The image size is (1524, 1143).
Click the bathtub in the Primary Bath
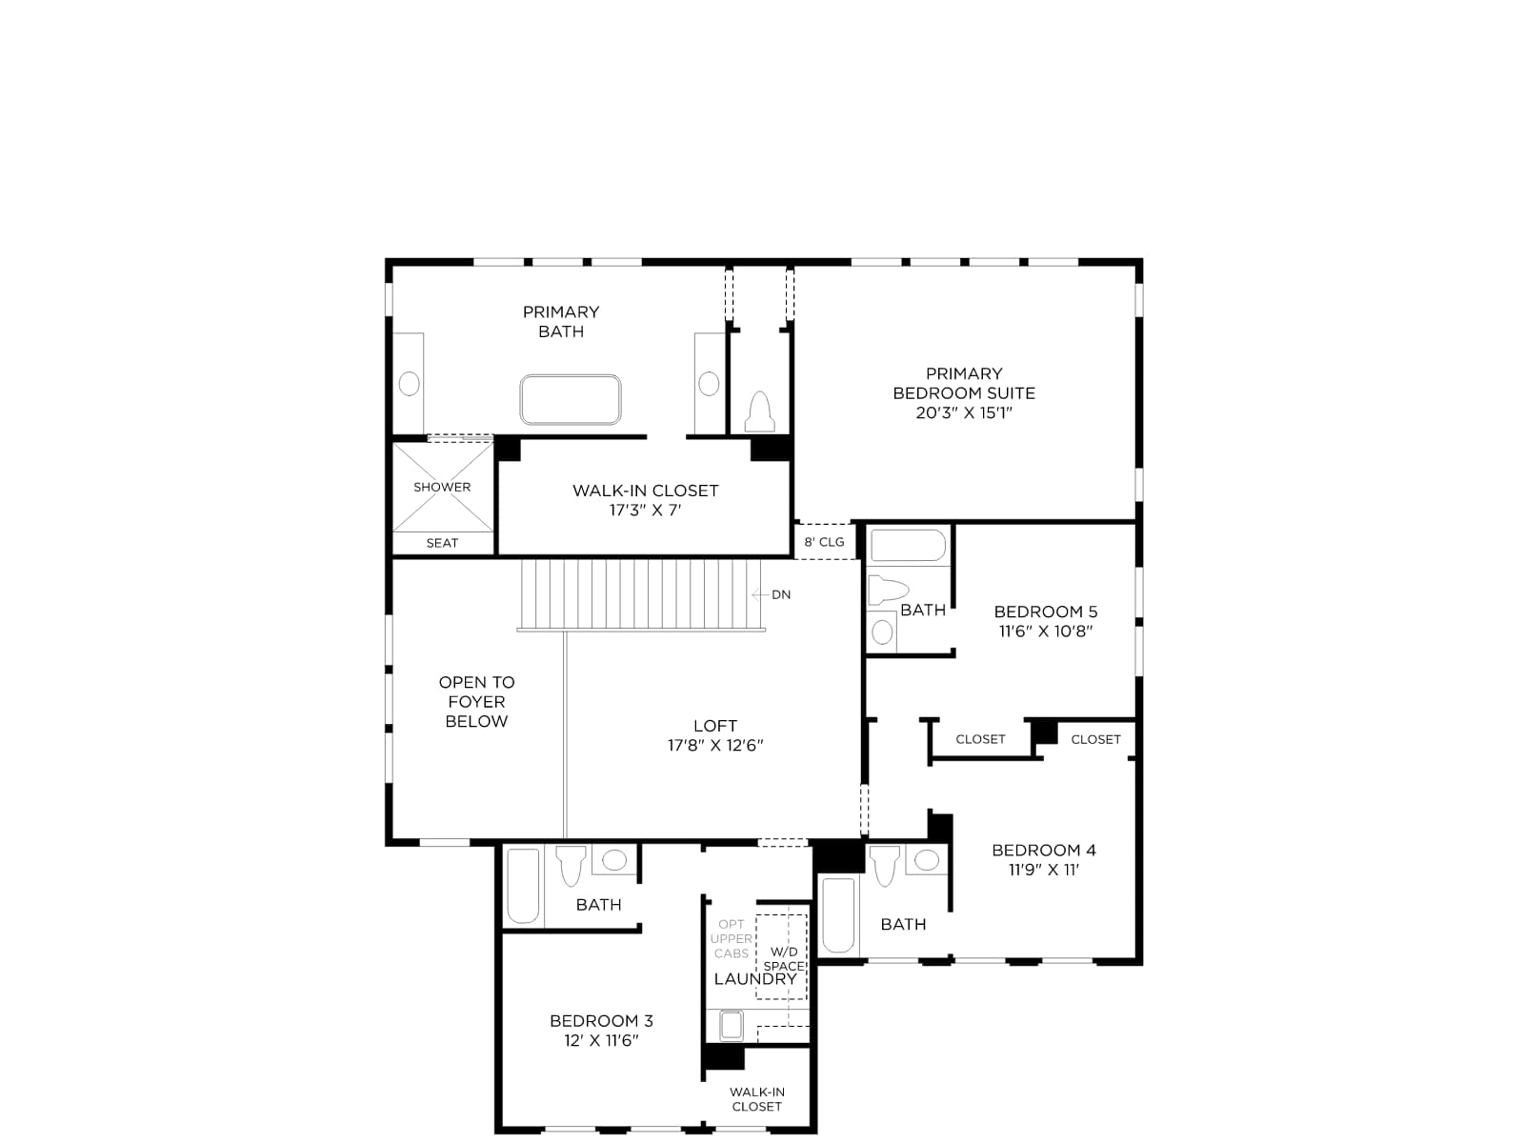tap(570, 400)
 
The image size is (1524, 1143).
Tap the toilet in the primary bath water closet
tap(759, 411)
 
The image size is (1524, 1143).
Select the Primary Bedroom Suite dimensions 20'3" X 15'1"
tap(964, 413)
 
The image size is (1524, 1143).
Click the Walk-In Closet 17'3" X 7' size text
tap(645, 511)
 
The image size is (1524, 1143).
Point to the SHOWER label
tap(442, 487)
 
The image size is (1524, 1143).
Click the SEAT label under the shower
tap(442, 543)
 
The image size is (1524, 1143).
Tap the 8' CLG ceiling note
tap(824, 541)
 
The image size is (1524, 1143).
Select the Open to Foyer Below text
tap(476, 702)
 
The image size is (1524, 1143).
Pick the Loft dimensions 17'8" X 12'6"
tap(715, 746)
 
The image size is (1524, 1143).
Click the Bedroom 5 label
tap(1045, 612)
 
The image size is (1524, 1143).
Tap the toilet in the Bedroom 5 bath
tap(888, 590)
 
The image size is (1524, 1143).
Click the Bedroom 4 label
tap(1044, 850)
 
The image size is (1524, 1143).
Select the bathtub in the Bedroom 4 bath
tap(838, 915)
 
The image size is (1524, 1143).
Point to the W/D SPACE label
tap(784, 958)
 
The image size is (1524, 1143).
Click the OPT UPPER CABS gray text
tap(732, 938)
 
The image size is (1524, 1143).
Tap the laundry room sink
tap(732, 1026)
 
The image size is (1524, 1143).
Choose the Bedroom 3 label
tap(601, 1021)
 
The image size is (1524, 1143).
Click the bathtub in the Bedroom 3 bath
tap(523, 886)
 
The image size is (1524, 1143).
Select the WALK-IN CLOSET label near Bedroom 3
tap(757, 1099)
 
